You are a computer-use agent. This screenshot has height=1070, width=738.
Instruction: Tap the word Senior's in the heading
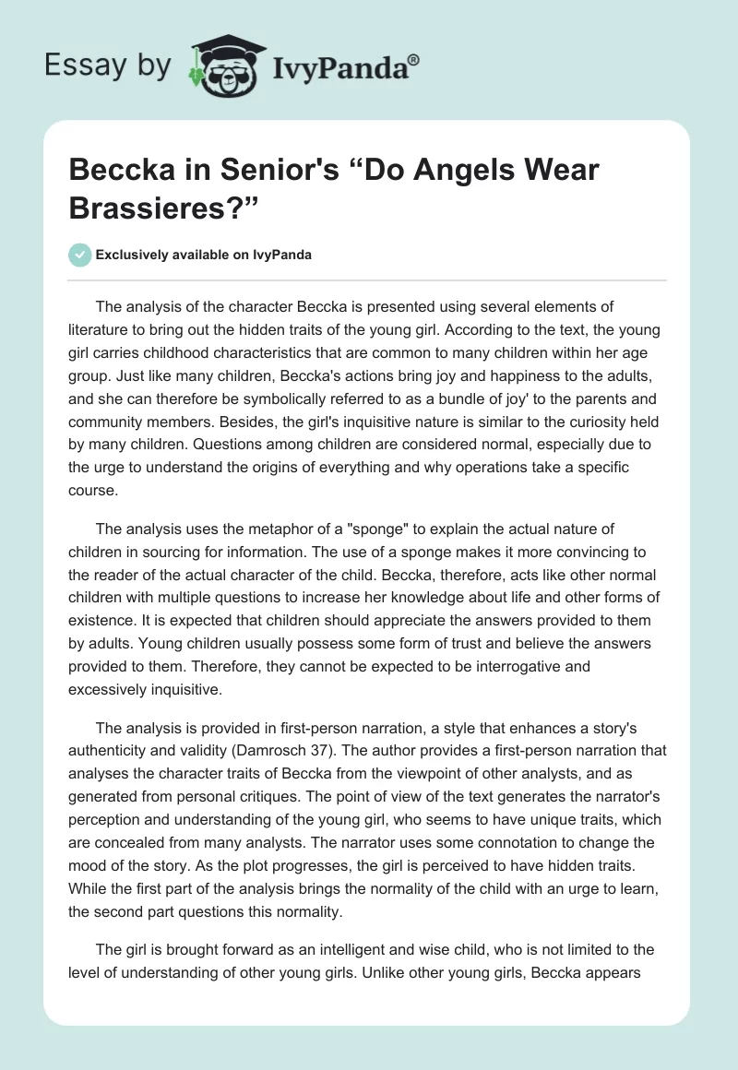[x=291, y=171]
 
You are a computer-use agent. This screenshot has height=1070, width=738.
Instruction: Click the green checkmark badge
[x=79, y=255]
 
